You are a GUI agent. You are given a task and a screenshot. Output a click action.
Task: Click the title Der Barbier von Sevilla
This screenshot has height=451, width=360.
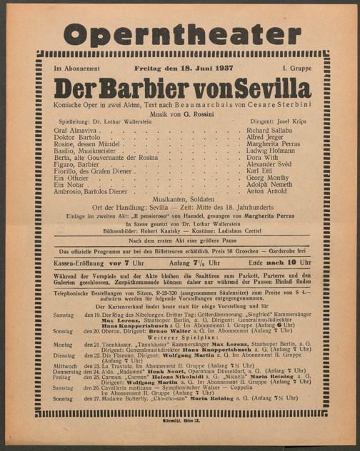pyautogui.click(x=182, y=89)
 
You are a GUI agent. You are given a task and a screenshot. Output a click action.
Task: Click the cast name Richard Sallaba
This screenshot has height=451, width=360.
pyautogui.click(x=270, y=131)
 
